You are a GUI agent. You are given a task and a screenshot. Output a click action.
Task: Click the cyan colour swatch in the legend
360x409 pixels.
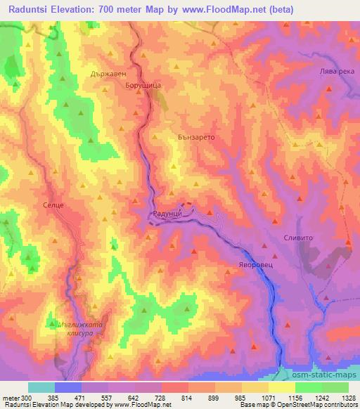pos(41,387)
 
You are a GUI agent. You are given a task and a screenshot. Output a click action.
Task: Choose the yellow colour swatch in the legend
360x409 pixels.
pos(282,387)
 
